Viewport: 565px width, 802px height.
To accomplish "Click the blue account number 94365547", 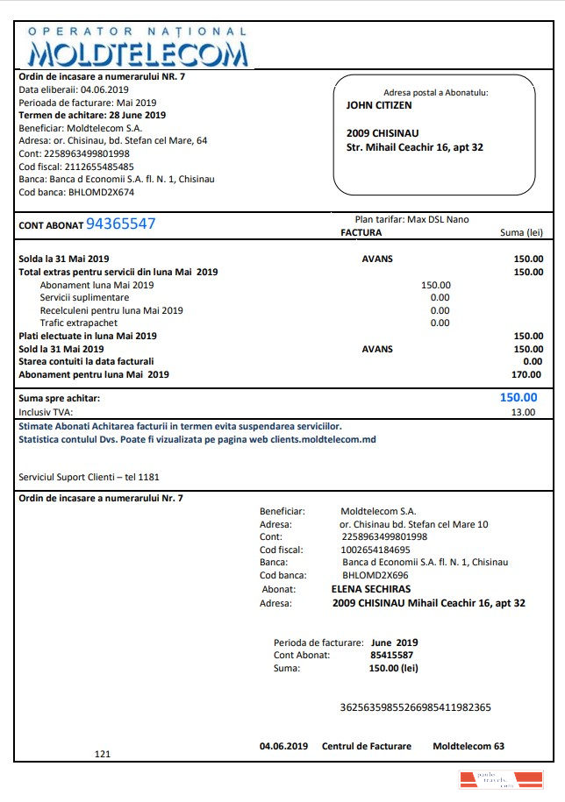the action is (x=120, y=224).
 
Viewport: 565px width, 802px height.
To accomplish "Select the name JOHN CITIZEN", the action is (x=379, y=105).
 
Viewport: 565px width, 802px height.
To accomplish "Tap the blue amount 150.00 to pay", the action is (x=519, y=397).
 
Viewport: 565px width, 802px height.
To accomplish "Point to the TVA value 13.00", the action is (x=523, y=412).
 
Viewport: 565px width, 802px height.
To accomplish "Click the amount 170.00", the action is (x=527, y=374).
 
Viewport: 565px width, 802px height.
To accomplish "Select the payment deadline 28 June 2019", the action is (x=137, y=115).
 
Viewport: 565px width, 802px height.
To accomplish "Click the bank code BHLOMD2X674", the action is (x=101, y=192).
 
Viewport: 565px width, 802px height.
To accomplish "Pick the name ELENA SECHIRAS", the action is (x=371, y=589).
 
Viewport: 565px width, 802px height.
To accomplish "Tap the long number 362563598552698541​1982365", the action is (x=415, y=706).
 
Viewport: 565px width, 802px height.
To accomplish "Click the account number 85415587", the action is (x=392, y=654).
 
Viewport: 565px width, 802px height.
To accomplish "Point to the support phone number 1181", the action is (x=149, y=477).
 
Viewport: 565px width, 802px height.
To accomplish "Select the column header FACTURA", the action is (x=361, y=233).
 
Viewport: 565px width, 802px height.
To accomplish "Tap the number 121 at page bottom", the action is (x=103, y=753).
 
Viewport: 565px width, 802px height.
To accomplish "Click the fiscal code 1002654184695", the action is (x=375, y=550).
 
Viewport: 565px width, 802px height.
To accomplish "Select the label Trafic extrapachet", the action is (x=79, y=323).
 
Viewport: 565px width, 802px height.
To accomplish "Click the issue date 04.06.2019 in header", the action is (x=104, y=89).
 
